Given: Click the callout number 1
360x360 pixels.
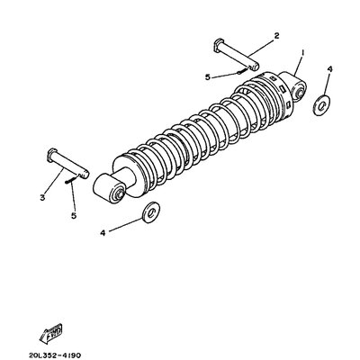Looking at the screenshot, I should [x=303, y=53].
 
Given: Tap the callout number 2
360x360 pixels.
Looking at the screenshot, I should [x=276, y=36].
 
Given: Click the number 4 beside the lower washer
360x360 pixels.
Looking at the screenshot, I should [x=103, y=232].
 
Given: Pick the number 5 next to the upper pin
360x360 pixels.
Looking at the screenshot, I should [x=208, y=77].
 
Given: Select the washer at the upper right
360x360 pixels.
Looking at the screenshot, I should [x=321, y=104].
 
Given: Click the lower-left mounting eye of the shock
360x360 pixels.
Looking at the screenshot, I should [x=115, y=191].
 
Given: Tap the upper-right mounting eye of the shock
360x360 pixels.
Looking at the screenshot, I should [x=296, y=87].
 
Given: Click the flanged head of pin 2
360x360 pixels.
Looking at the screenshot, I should [x=219, y=42].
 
